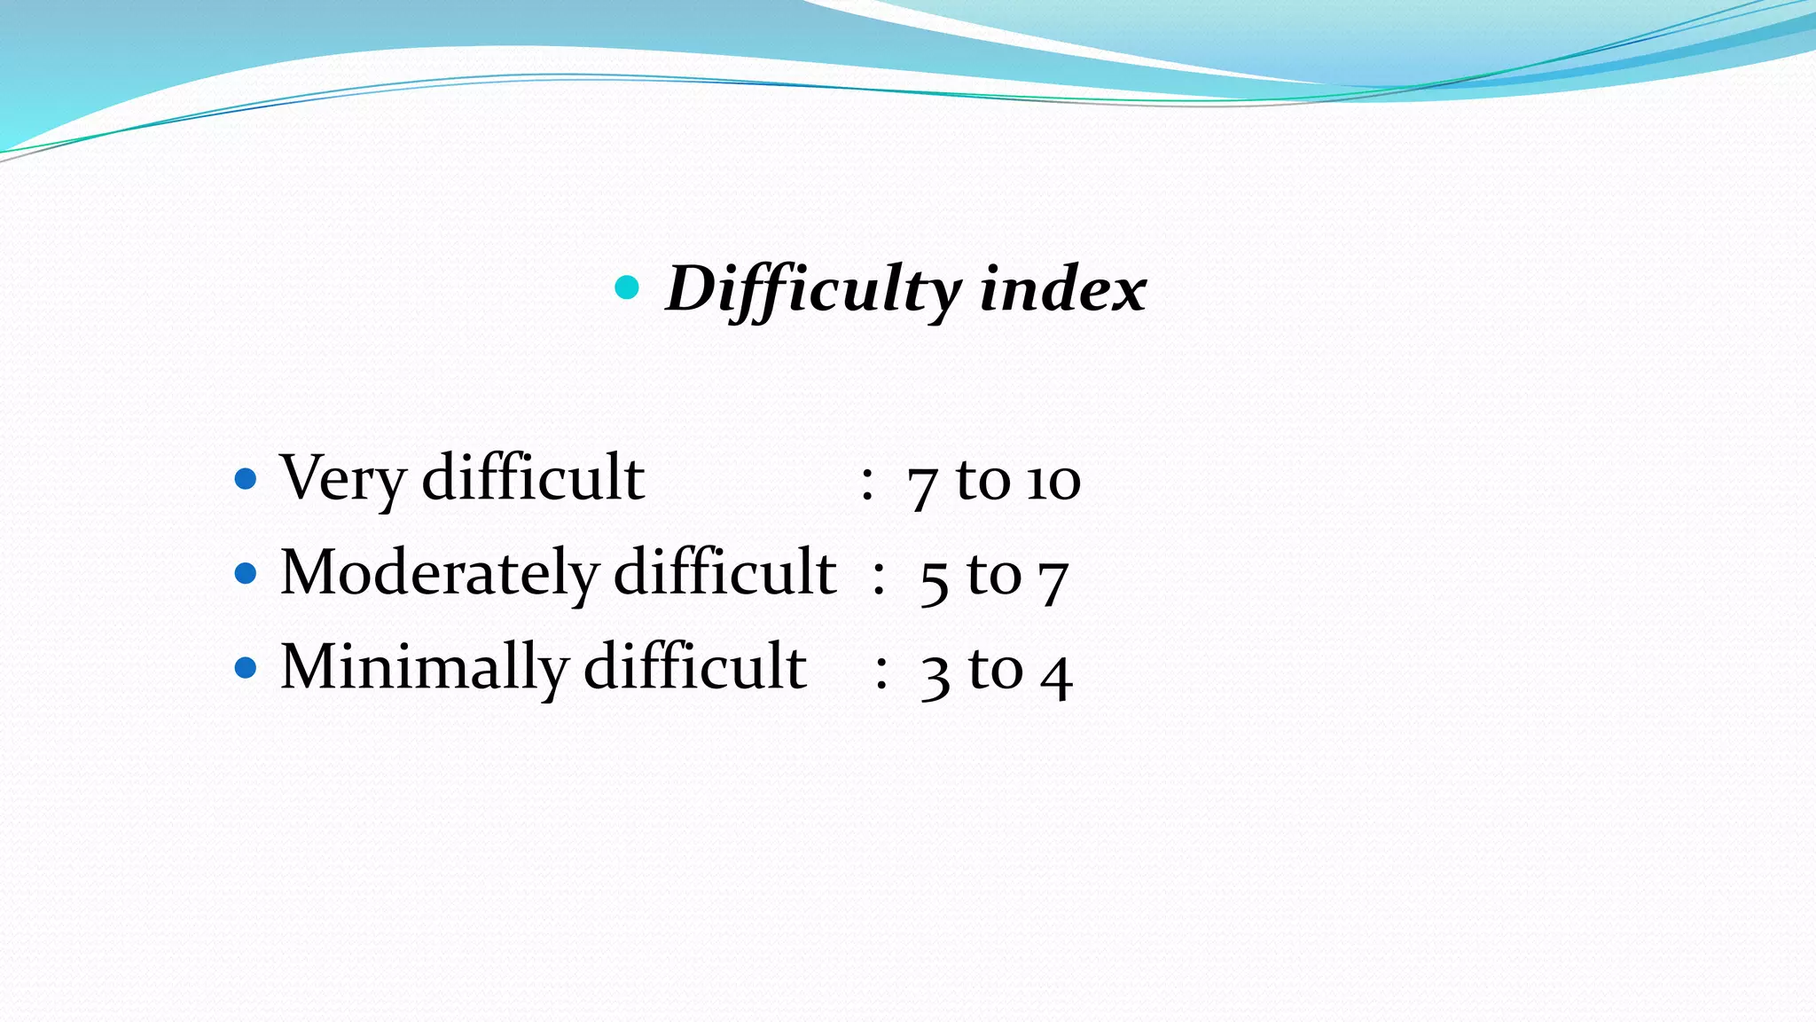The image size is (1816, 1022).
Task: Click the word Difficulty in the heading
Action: coord(813,289)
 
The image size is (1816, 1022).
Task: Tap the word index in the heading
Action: coord(1062,289)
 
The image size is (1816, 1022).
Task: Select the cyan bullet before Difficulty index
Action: coord(627,287)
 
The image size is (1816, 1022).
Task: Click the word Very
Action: coord(342,479)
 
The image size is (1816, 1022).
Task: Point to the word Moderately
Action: coord(440,573)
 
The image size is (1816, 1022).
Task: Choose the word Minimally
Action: coord(424,667)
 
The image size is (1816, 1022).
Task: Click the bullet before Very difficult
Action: coord(246,480)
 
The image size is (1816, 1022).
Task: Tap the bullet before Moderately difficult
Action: coord(246,574)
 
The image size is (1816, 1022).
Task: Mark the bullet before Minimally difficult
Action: coord(246,667)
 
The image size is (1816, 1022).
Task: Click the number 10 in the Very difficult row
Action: coord(1053,483)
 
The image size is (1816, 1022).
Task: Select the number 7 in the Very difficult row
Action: coord(922,486)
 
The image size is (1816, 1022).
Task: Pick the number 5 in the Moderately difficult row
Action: coord(935,581)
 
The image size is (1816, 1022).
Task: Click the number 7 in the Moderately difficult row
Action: coord(1053,581)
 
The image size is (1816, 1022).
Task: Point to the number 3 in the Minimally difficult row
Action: coord(935,676)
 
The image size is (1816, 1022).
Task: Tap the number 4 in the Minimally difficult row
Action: coord(1056,674)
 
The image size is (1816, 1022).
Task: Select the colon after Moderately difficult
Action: coord(878,578)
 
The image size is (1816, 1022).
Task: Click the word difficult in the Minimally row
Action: coord(694,665)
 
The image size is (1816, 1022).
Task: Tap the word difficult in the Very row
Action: coord(533,477)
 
